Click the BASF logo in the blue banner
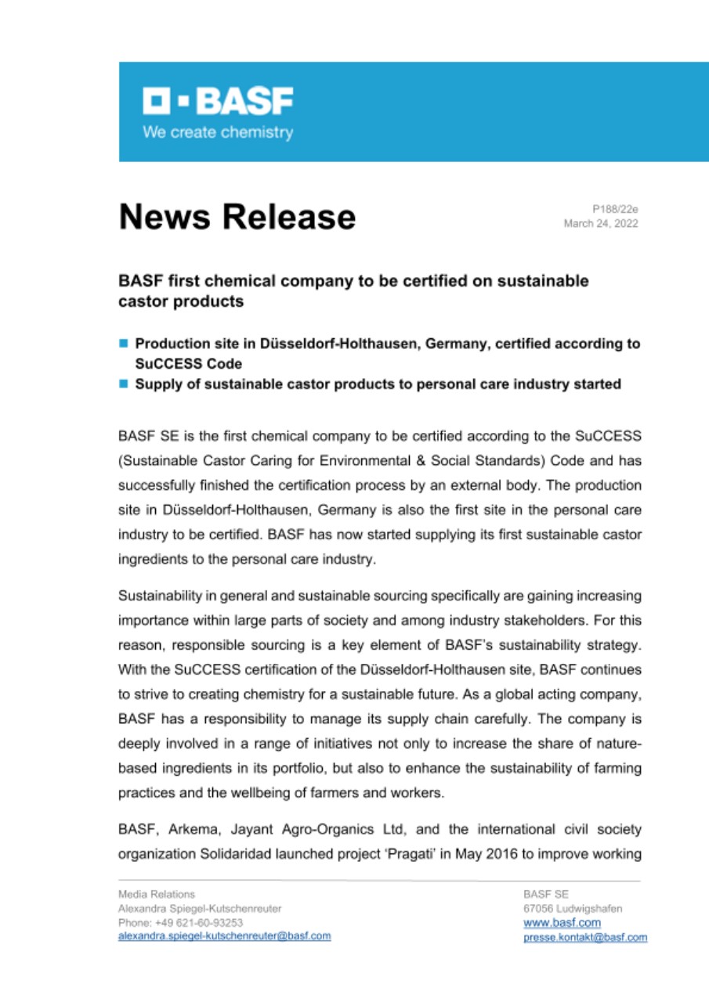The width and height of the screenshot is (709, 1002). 217,100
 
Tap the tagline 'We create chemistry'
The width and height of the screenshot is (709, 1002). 218,132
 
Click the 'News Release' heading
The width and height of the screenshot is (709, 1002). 237,216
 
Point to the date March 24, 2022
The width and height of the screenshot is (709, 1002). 601,223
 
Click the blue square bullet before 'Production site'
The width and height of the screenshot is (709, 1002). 123,344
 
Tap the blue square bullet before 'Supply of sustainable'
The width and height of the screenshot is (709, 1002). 123,384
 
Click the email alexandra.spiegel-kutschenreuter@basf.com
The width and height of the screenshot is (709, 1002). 224,936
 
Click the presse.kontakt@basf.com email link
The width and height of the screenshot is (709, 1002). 585,937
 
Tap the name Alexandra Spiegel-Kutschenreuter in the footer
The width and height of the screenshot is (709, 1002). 200,908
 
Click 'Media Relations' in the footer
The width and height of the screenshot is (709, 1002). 157,894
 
